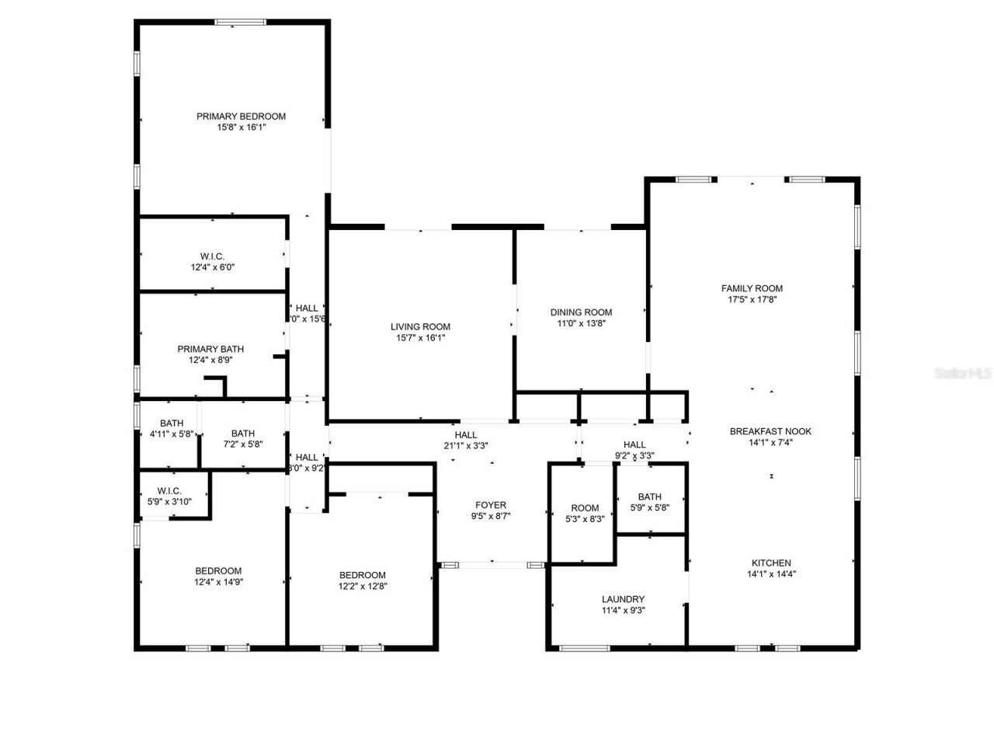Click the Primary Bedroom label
(x=241, y=117)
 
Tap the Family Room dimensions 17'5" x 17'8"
(x=752, y=299)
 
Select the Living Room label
(x=420, y=327)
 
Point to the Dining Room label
(x=582, y=312)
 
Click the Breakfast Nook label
(x=770, y=431)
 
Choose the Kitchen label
(x=771, y=563)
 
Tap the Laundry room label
(x=623, y=599)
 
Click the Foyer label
(x=491, y=505)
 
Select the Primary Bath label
(x=210, y=350)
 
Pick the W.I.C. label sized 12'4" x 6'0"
(x=212, y=256)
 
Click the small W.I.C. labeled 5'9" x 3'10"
(x=169, y=491)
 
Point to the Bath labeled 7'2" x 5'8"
(x=242, y=434)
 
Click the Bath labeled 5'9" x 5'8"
(x=649, y=497)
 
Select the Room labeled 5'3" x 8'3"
(x=585, y=509)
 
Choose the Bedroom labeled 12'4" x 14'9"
(x=217, y=571)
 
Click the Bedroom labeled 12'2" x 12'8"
(x=362, y=576)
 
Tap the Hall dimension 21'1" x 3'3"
(x=466, y=446)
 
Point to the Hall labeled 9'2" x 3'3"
(x=634, y=445)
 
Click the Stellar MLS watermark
(x=963, y=374)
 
